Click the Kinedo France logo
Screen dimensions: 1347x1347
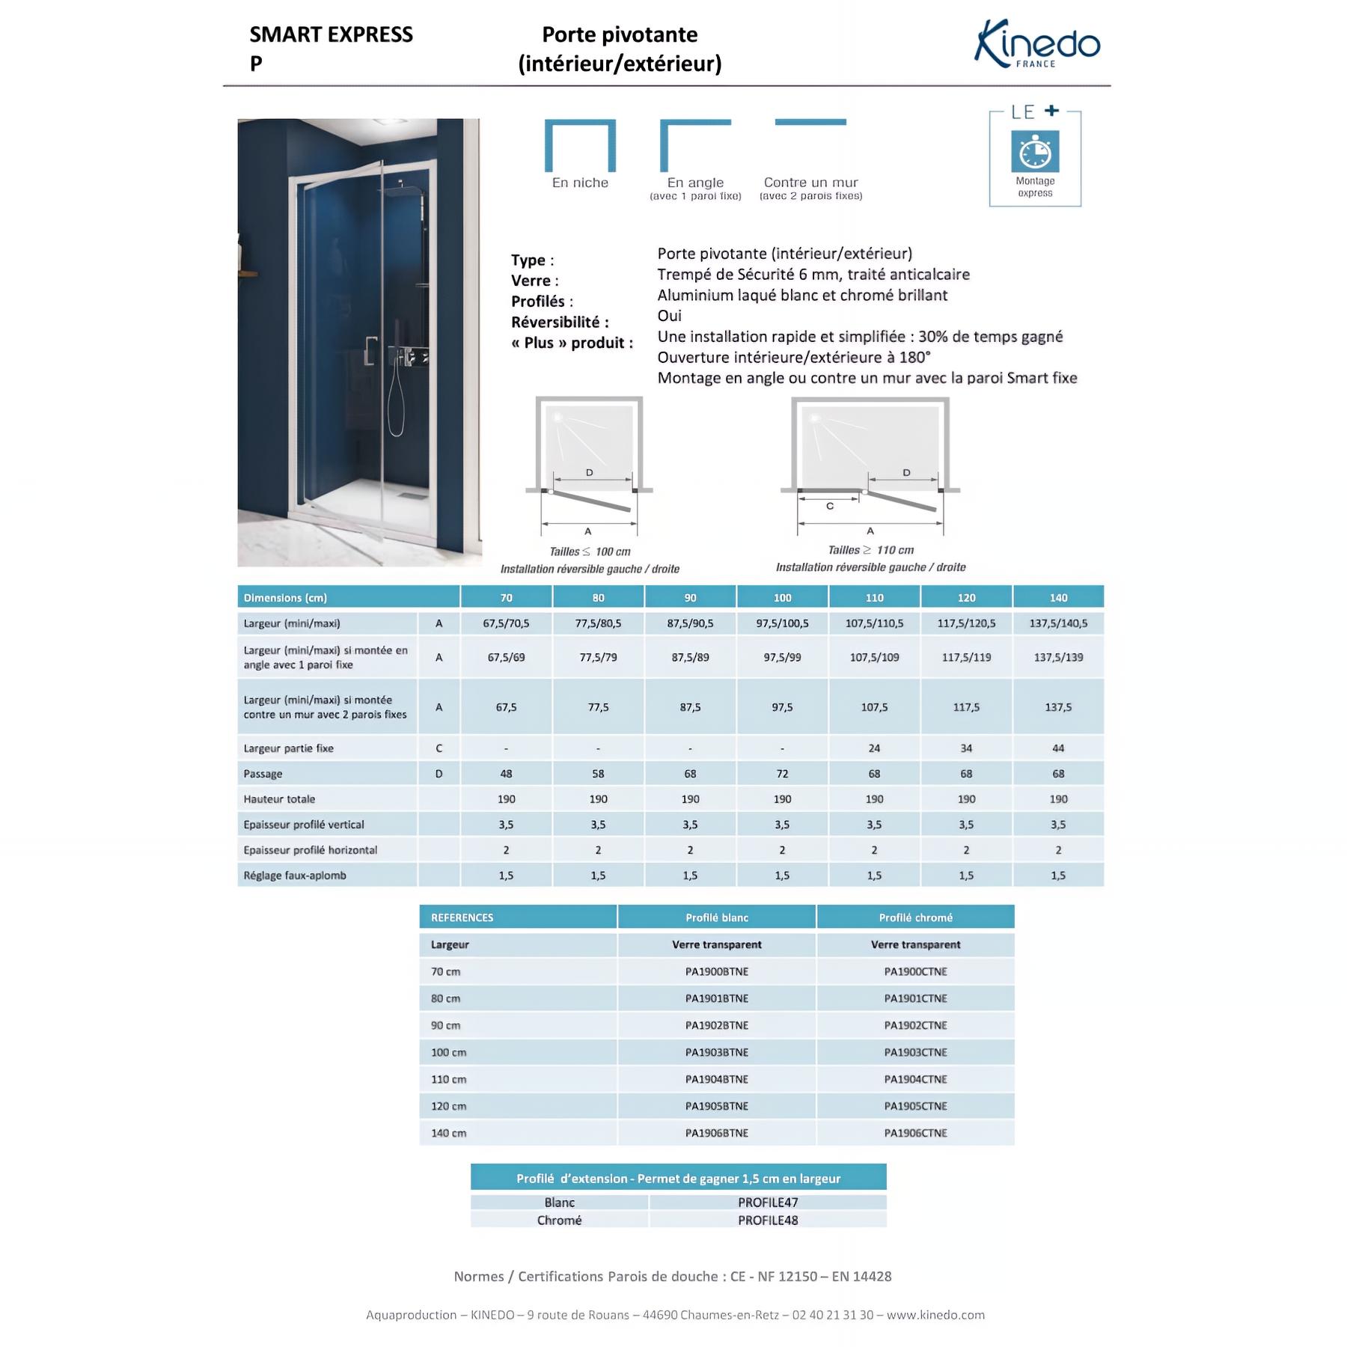tap(1036, 45)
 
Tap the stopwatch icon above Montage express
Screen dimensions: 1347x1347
tap(1035, 152)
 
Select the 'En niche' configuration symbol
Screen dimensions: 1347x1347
tap(580, 146)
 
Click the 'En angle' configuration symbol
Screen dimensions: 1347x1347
tap(694, 146)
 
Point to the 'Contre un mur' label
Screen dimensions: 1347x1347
tap(810, 183)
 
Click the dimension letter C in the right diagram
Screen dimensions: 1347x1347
tap(829, 507)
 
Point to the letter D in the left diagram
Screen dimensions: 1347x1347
tap(589, 473)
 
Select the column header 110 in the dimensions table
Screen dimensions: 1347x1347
tap(874, 598)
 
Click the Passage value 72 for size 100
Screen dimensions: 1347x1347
tap(782, 774)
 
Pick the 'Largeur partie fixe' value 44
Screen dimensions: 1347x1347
tap(1058, 748)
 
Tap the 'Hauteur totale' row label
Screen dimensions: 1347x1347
tap(279, 799)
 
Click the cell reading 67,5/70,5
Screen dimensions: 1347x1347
tap(506, 623)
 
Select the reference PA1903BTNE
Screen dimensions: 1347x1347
tap(716, 1052)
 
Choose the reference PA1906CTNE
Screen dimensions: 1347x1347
tap(915, 1133)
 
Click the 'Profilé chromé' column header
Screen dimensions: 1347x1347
tap(915, 917)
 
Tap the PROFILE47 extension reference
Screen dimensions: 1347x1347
tap(768, 1203)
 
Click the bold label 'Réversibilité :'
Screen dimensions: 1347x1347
tap(560, 323)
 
